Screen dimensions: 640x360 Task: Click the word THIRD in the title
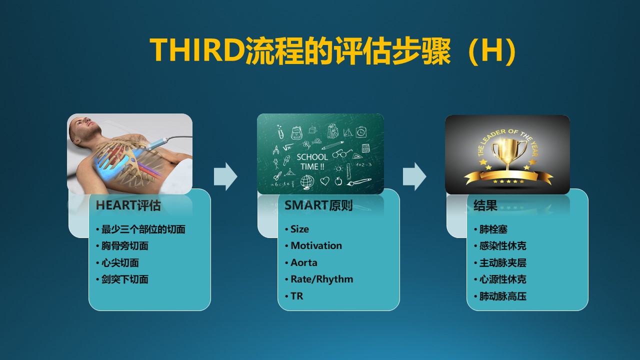click(197, 49)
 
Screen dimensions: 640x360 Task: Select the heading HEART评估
click(128, 205)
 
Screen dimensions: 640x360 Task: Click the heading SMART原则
click(318, 205)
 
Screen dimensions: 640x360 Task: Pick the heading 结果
click(485, 205)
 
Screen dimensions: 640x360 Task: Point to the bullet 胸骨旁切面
click(125, 245)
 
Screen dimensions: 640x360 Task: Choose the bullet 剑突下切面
click(125, 279)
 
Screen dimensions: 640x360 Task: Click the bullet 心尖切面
click(120, 262)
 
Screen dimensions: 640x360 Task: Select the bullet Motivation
click(316, 245)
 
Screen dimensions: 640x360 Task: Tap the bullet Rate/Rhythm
click(321, 279)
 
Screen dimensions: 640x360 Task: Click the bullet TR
click(296, 296)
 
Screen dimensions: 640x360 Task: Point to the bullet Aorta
click(303, 262)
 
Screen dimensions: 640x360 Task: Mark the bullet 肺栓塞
click(493, 229)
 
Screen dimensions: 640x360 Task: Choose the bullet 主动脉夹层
click(503, 262)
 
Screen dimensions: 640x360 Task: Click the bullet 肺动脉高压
click(503, 296)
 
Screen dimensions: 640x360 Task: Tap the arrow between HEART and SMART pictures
click(225, 176)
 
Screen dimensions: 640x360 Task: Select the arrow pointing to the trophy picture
click(414, 176)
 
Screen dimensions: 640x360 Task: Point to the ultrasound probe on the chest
click(156, 144)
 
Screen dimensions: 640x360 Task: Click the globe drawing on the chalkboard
click(307, 181)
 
